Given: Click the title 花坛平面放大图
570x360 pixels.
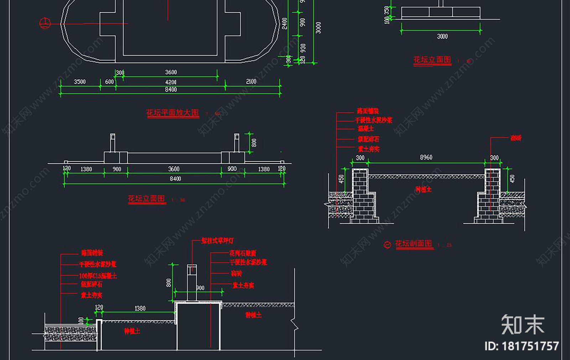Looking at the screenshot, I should point(173,113).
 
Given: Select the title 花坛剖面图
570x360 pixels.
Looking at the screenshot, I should point(414,244).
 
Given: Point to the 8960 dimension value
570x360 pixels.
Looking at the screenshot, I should point(426,157).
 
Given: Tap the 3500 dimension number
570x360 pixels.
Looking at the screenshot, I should point(80,82).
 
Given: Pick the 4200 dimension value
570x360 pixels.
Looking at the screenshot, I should point(171,82).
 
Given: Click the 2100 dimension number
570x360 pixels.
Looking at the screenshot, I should point(251,82).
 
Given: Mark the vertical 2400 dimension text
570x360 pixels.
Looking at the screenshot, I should point(285,23).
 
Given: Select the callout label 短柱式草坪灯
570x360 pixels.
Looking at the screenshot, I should point(217,241).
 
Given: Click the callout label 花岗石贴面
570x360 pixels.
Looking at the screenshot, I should point(243,253).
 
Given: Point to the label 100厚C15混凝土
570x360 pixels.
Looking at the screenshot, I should point(98,276).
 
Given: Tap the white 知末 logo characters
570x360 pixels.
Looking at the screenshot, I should point(523,325).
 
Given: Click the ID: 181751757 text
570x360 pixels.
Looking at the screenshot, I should point(522,346).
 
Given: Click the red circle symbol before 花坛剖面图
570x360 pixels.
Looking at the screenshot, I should point(388,245).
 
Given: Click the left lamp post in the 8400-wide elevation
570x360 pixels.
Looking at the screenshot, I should point(113,143).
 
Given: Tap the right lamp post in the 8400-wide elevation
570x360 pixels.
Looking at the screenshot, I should point(237,143).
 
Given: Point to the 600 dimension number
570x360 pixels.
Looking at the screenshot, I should point(109,82).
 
